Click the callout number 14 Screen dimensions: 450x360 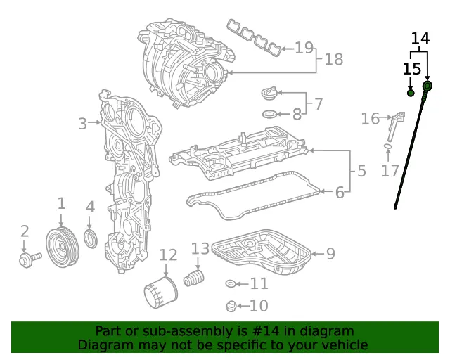(420, 39)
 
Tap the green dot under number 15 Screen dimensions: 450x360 (411, 93)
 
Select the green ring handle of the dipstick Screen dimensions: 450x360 (427, 86)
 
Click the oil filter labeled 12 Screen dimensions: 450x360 (161, 292)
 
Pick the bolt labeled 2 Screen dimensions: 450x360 (30, 259)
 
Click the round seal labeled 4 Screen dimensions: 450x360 (91, 238)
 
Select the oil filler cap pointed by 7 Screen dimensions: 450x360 (269, 94)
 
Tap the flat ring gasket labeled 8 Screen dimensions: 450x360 (270, 114)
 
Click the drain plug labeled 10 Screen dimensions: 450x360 (231, 307)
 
